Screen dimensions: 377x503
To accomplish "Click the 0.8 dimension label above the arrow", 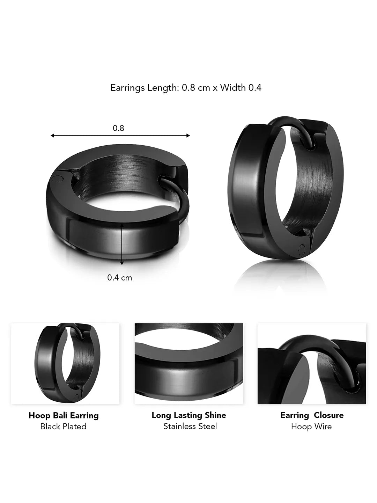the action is coord(118,128).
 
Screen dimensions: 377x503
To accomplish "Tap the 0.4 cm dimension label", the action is coord(120,278).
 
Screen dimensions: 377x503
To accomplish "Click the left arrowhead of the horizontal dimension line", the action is coord(52,136).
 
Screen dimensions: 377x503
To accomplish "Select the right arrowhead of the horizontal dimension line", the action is coord(188,136).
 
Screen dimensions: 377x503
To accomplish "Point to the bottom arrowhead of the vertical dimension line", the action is coord(122,263).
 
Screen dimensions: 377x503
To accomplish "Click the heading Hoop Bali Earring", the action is coord(64,415).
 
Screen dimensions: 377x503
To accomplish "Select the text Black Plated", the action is coord(64,427).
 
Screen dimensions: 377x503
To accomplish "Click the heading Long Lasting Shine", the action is coord(189,415).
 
